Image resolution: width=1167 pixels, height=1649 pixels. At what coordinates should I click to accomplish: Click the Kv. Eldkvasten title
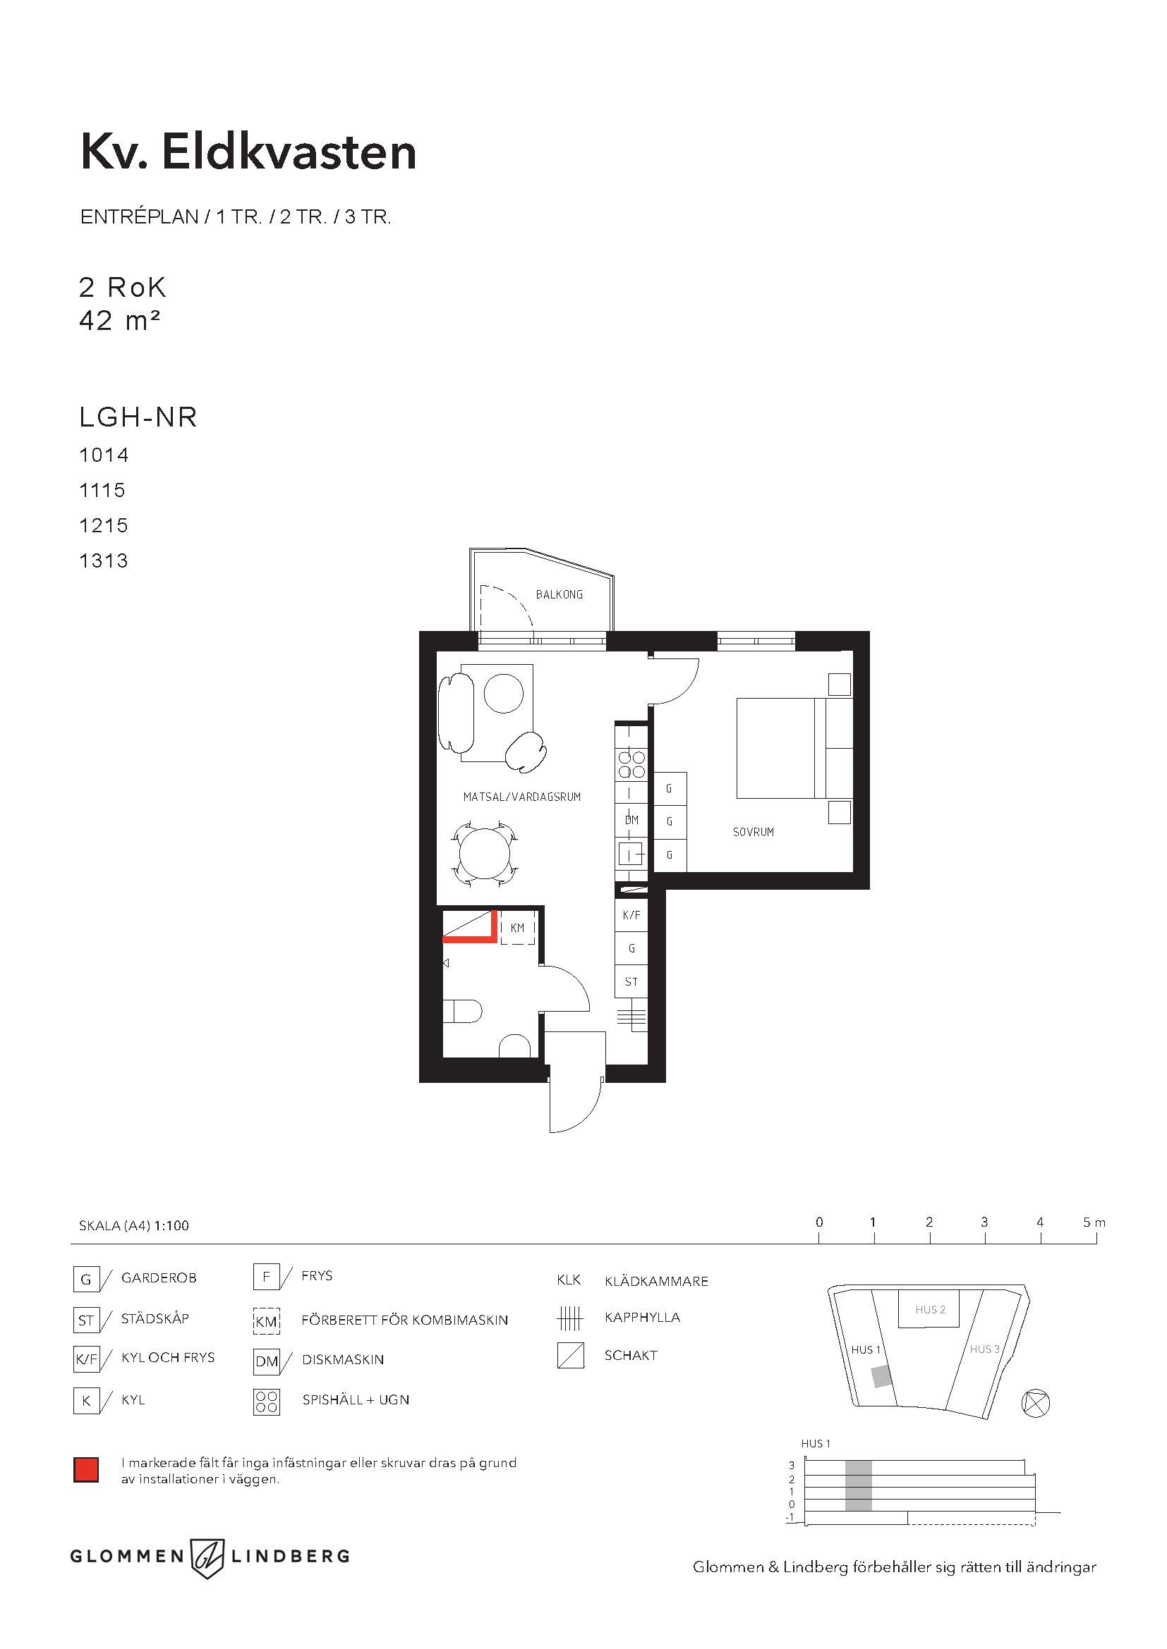point(248,152)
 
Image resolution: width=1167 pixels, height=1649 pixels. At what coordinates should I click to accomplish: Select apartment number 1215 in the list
point(104,525)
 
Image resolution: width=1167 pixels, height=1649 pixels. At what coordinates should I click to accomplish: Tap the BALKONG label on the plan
point(559,595)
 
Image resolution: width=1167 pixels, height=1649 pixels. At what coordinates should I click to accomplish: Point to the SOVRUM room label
point(753,832)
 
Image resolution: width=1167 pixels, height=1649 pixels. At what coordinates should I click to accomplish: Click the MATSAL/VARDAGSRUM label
point(521,797)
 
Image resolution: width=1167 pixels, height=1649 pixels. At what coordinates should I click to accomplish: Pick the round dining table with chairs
point(485,854)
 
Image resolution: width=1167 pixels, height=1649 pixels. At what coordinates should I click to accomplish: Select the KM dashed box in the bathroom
point(517,928)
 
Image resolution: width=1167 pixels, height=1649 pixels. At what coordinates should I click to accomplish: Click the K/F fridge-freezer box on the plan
point(631,915)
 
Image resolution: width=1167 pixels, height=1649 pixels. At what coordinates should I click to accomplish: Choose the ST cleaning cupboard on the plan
point(631,981)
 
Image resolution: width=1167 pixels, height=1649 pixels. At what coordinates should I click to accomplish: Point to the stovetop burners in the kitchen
point(631,765)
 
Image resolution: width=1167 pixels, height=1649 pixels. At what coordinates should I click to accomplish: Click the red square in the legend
point(86,1470)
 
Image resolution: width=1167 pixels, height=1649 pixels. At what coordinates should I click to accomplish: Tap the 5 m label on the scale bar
point(1094,1222)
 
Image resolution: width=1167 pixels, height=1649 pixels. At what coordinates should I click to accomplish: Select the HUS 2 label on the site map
point(931,1309)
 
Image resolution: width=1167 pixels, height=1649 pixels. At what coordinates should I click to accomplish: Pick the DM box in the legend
point(267,1362)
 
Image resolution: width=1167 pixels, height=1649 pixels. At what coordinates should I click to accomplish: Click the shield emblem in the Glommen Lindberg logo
point(207,1557)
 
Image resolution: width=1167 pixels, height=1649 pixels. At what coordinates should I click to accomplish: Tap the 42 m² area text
point(119,320)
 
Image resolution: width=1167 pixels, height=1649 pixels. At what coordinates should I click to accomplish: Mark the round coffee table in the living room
point(504,693)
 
